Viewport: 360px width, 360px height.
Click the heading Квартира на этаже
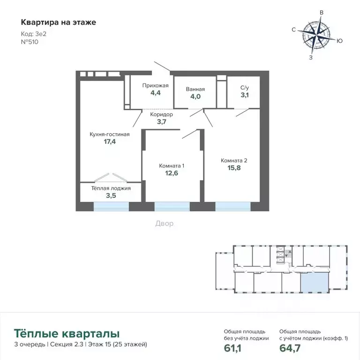coord(59,22)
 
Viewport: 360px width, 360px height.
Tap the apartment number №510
coord(30,41)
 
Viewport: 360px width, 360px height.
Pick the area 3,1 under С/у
coord(245,95)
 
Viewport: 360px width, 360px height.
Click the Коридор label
coord(162,114)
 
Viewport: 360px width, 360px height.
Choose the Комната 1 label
coord(172,165)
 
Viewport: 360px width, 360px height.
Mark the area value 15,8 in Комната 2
coord(234,168)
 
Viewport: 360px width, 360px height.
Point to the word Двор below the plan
coord(164,224)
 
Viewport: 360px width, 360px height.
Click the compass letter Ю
coord(339,41)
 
